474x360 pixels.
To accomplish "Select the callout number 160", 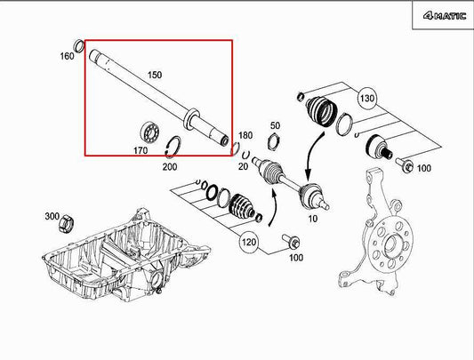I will coord(67,56).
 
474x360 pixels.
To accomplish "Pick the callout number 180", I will coord(246,135).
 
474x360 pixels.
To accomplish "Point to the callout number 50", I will coord(275,125).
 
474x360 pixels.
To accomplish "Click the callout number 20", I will coord(243,167).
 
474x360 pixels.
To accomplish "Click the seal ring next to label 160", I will coord(80,46).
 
